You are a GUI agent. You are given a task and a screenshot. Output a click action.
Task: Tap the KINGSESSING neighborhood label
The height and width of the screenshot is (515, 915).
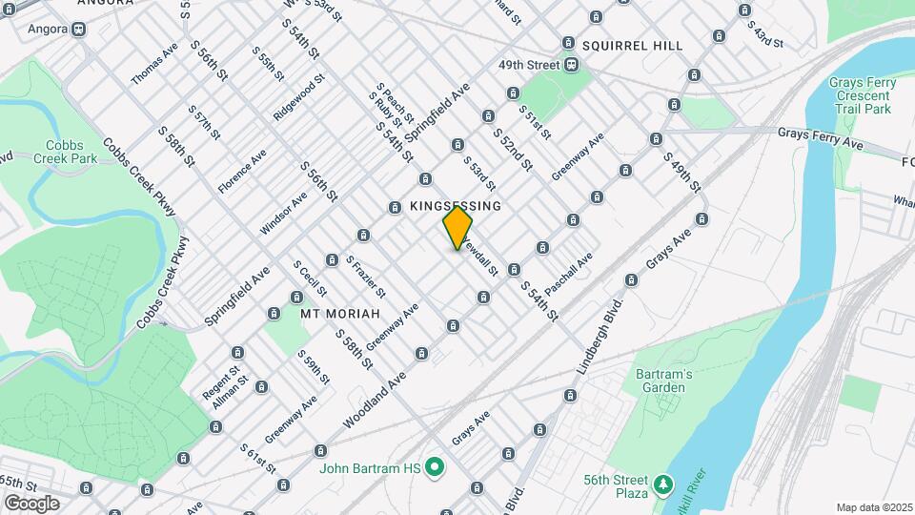click(x=455, y=206)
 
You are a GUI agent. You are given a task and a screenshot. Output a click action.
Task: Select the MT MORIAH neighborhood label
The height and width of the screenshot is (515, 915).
click(x=340, y=313)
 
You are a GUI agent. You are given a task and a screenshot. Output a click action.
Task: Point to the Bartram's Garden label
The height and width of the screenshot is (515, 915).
click(x=664, y=381)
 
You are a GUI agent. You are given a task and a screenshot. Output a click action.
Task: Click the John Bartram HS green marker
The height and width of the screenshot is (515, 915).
click(x=436, y=467)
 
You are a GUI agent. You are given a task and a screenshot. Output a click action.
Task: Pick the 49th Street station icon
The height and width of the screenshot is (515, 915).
click(x=571, y=65)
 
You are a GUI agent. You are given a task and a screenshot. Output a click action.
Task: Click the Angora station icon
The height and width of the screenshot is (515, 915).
click(x=78, y=29)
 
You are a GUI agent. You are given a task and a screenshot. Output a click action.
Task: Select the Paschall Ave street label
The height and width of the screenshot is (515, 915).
click(x=571, y=273)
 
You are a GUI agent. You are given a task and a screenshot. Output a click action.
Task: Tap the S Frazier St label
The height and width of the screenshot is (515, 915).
click(x=365, y=276)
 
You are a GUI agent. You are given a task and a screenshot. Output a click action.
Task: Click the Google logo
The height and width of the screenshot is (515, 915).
click(x=31, y=503)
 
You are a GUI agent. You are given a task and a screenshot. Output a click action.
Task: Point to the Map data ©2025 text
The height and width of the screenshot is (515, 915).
click(x=872, y=507)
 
